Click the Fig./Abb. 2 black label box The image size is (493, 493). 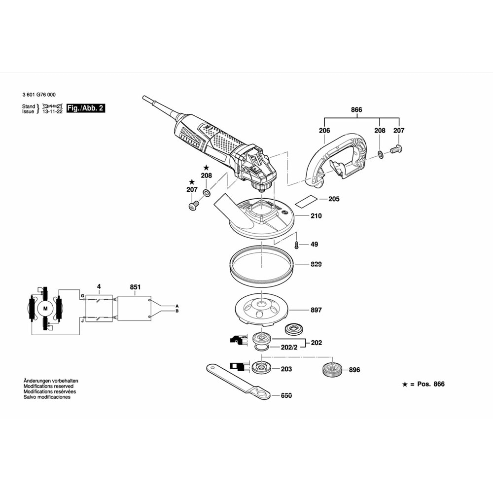point(86,108)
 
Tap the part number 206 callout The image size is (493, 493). point(324,131)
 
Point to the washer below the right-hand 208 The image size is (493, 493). point(381,155)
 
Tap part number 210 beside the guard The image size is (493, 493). point(316,216)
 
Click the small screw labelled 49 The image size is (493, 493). point(296,244)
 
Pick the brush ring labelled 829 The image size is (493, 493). point(262,265)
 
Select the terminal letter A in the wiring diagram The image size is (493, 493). point(176,306)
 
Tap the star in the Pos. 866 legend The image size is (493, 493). point(404,384)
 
